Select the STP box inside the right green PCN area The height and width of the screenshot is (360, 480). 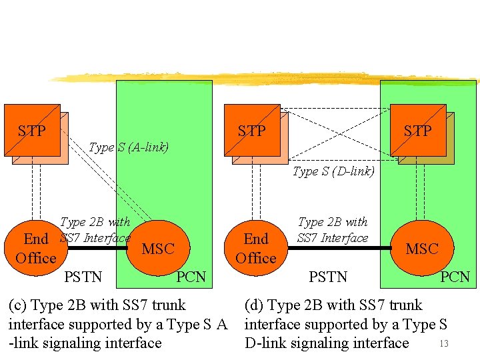pos(418,131)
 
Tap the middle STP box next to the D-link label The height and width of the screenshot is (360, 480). pos(252,131)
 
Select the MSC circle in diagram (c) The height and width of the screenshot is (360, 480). pos(158,249)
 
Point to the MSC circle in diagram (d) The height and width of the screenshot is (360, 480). pos(421,249)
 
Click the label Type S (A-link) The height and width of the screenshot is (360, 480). pos(129,147)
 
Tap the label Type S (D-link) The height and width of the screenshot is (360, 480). pos(333,171)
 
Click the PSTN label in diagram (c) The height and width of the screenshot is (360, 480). pos(84,276)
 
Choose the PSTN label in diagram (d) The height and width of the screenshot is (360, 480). pos(328,276)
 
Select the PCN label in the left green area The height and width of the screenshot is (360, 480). pos(191,277)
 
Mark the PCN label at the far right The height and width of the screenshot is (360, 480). pos(455,277)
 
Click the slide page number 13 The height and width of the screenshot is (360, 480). pos(445,344)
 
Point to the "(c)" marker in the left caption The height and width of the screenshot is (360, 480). pos(18,305)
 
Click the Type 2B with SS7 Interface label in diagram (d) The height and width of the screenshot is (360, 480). pos(333,230)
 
